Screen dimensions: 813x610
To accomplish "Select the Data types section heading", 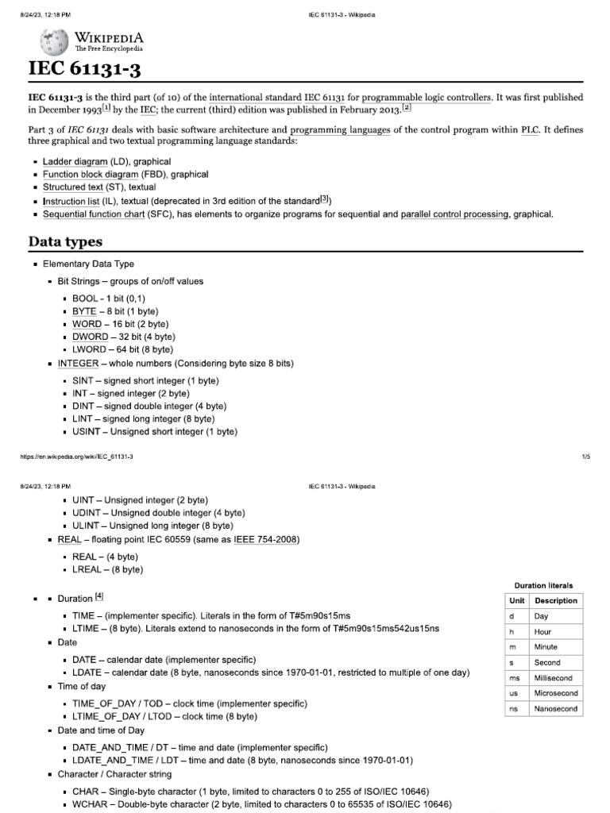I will pyautogui.click(x=66, y=241).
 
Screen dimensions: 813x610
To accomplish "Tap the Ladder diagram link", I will pyautogui.click(x=75, y=161).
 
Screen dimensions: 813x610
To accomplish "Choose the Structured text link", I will pyautogui.click(x=73, y=187).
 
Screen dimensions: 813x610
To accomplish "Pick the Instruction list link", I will pyautogui.click(x=71, y=201).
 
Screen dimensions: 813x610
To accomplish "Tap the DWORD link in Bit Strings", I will pyautogui.click(x=87, y=337).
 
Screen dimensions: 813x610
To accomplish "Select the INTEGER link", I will pyautogui.click(x=78, y=363).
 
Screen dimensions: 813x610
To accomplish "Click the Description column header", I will pyautogui.click(x=556, y=601).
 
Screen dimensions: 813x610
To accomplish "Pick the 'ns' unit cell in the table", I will pyautogui.click(x=513, y=708).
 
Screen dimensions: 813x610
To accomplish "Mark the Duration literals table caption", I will pyautogui.click(x=544, y=585).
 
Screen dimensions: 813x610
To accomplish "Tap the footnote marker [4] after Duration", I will pyautogui.click(x=98, y=597).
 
